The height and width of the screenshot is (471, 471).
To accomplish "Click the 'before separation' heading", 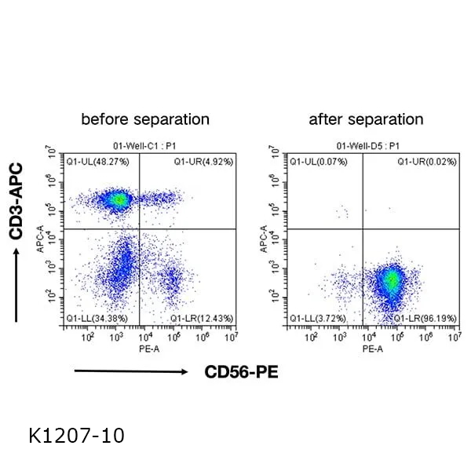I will (146, 119).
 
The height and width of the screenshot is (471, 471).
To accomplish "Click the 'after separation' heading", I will (366, 119).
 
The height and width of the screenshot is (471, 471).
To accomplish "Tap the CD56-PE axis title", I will (242, 371).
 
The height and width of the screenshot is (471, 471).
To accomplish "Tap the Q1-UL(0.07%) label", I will (317, 161).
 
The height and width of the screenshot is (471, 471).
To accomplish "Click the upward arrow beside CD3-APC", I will (16, 283).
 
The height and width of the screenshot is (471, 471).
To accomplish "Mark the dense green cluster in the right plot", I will (390, 280).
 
